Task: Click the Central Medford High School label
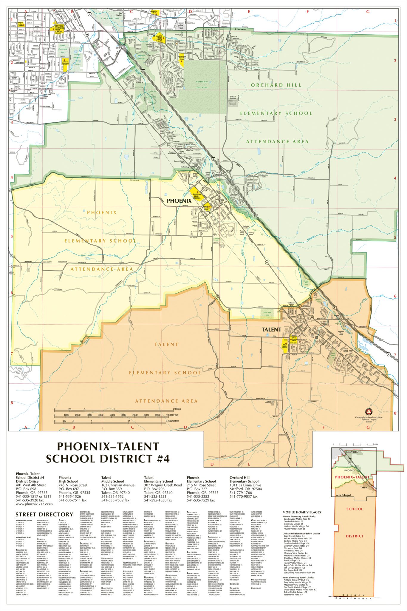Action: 59,28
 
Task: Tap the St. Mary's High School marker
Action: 158,38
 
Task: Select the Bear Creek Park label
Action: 110,18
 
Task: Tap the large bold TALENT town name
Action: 271,330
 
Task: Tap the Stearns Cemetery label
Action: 268,402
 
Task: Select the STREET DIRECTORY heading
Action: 44,514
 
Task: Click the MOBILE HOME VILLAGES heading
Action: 301,512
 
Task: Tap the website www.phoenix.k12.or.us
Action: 34,504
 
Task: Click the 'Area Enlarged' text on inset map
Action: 343,495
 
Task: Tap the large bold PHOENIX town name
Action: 179,201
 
